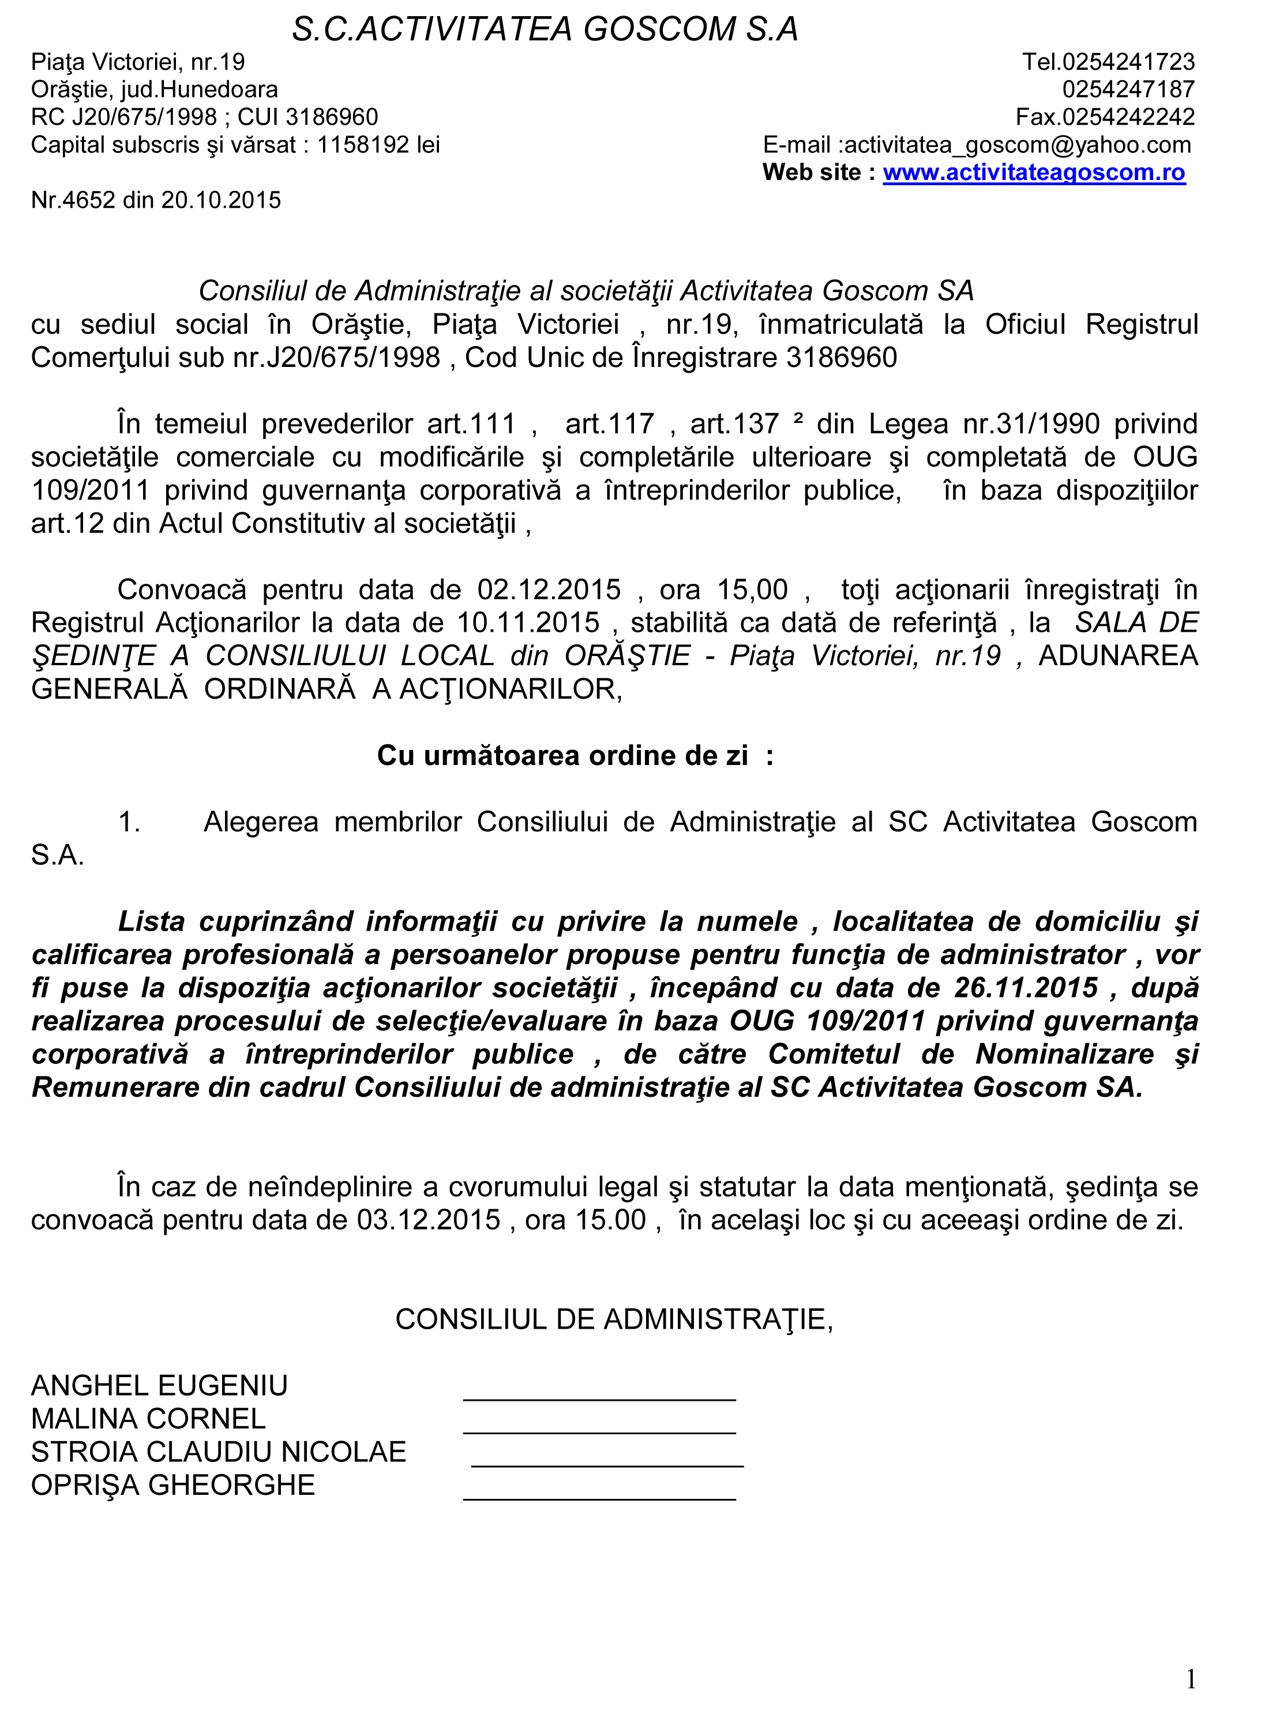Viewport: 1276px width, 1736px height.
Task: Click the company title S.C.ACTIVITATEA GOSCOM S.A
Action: tap(545, 29)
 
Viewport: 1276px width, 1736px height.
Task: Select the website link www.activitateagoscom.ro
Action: tap(1034, 173)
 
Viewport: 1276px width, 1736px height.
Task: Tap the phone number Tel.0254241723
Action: tap(1108, 62)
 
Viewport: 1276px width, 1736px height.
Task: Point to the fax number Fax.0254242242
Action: tap(1105, 117)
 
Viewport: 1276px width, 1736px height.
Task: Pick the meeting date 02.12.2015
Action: tap(549, 590)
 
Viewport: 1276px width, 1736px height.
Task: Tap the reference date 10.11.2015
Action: tap(528, 623)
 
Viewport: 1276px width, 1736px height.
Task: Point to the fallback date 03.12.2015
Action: tap(428, 1220)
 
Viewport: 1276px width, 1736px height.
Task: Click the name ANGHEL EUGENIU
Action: tap(159, 1385)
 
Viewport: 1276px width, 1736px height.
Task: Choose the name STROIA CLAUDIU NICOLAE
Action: tap(219, 1452)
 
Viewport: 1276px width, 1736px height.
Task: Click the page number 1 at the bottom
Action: tap(1190, 1674)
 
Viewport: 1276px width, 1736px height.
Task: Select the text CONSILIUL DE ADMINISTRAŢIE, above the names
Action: tap(614, 1319)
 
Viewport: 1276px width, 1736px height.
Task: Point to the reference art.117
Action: tap(609, 424)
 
